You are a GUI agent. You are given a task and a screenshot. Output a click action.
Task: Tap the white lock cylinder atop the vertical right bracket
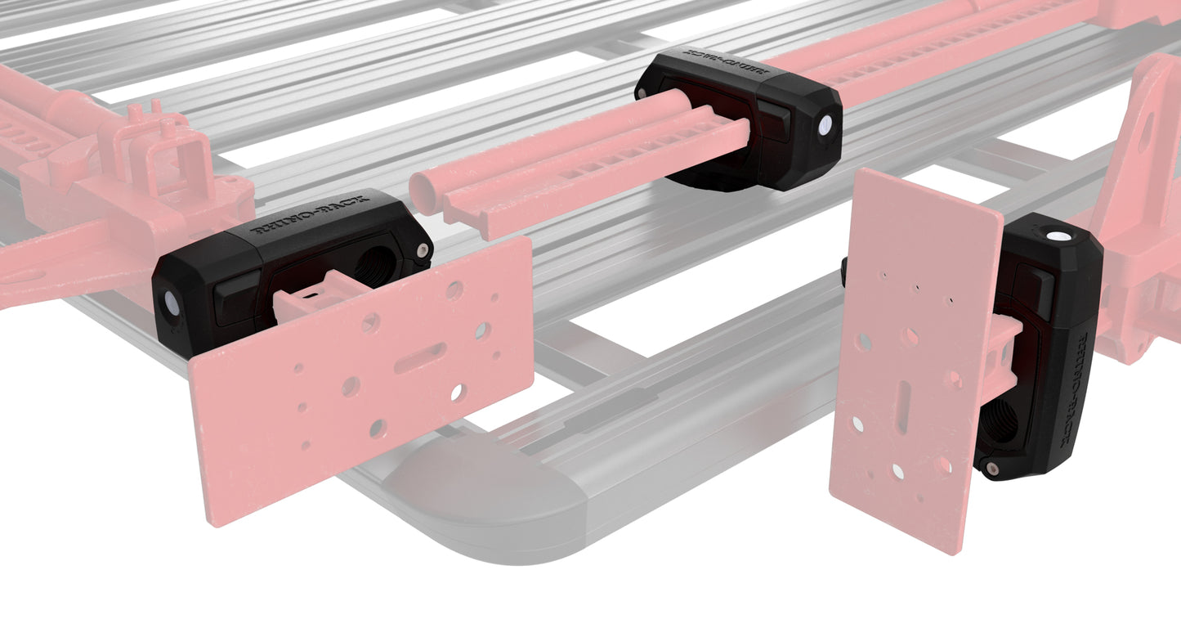point(1059,236)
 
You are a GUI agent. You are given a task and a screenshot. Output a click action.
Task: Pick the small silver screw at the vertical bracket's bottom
point(992,469)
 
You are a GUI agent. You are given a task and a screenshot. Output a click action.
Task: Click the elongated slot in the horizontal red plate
point(421,357)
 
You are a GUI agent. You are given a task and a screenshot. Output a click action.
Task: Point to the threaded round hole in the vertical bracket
point(1000,421)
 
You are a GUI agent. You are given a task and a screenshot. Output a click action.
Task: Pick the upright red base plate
point(907,360)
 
